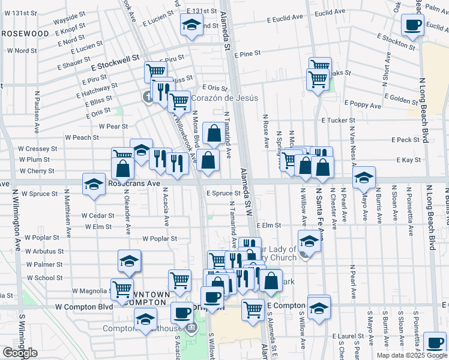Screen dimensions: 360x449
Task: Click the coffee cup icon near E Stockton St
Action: click(x=412, y=25)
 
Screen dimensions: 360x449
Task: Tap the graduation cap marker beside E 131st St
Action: click(x=191, y=25)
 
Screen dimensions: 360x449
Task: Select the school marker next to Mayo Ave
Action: click(x=364, y=178)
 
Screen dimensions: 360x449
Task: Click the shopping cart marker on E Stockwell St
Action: click(x=155, y=72)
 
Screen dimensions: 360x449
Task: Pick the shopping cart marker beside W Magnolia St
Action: click(x=122, y=289)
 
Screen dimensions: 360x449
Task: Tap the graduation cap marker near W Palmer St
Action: click(x=129, y=261)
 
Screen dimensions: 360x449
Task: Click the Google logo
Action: click(x=20, y=353)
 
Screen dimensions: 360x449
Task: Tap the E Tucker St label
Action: click(x=339, y=121)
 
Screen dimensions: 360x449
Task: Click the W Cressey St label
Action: click(x=37, y=148)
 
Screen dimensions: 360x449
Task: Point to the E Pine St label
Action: click(x=247, y=54)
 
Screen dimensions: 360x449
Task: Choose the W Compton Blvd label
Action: click(x=83, y=306)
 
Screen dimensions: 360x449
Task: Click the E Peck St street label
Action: click(x=408, y=140)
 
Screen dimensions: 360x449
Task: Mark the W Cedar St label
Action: click(x=97, y=215)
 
